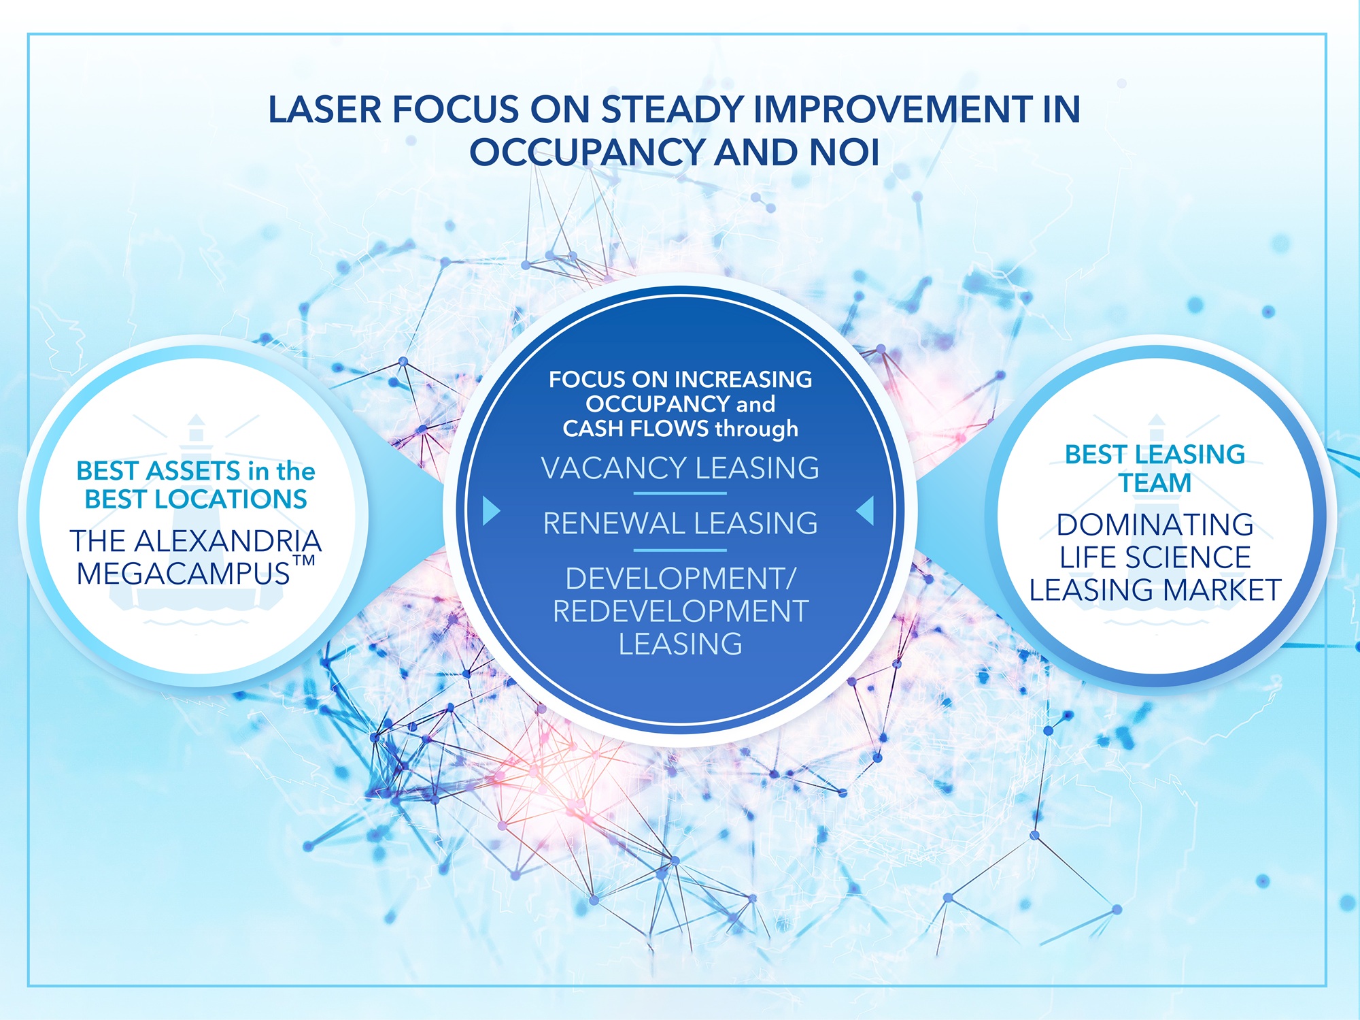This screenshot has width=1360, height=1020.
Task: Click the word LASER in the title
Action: (325, 110)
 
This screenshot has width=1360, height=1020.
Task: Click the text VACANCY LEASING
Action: (680, 468)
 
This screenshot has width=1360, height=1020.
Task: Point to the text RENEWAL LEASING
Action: (680, 523)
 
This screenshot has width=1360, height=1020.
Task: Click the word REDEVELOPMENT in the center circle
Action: (681, 611)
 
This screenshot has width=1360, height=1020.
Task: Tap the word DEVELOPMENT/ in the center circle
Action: (681, 578)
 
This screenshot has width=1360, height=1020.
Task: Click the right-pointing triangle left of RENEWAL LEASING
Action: (491, 510)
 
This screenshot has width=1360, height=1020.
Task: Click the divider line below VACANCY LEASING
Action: (680, 493)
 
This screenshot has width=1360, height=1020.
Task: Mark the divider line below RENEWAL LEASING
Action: (680, 550)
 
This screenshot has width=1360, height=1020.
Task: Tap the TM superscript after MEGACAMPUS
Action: (304, 561)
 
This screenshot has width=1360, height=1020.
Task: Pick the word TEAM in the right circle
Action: (1155, 483)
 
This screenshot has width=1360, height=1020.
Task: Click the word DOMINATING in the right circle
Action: (1155, 525)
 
